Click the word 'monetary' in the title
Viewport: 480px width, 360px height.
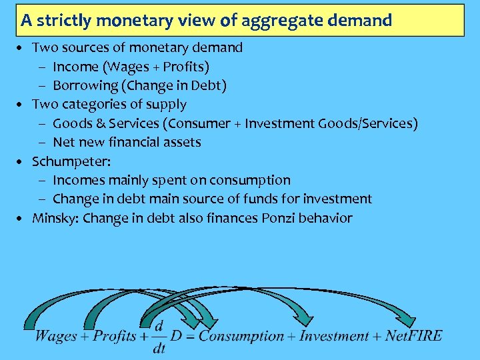click(x=127, y=20)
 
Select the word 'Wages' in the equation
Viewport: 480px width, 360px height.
click(x=56, y=335)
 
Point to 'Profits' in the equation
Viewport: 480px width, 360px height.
click(x=115, y=335)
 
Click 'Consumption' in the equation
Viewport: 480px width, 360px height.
click(x=241, y=335)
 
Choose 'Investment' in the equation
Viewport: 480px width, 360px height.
click(x=333, y=335)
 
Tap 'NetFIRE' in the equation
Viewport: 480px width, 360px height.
click(x=413, y=335)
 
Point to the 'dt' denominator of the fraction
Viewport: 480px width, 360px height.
click(x=159, y=347)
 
